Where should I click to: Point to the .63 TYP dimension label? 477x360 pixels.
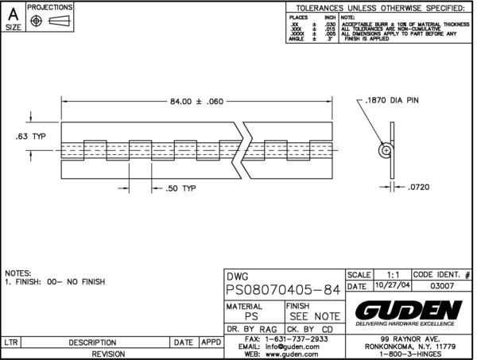(31, 136)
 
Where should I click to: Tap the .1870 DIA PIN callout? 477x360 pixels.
(392, 100)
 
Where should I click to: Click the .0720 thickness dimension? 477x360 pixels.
(422, 188)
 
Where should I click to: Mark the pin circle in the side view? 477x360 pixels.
(386, 149)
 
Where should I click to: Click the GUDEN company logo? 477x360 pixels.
(409, 308)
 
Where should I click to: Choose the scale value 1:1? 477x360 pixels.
(387, 273)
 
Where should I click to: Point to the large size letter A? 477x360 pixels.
(14, 14)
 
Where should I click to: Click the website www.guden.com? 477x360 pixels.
(297, 355)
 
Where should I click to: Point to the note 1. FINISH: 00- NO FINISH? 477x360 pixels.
(55, 281)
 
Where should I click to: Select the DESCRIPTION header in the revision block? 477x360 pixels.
(93, 342)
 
